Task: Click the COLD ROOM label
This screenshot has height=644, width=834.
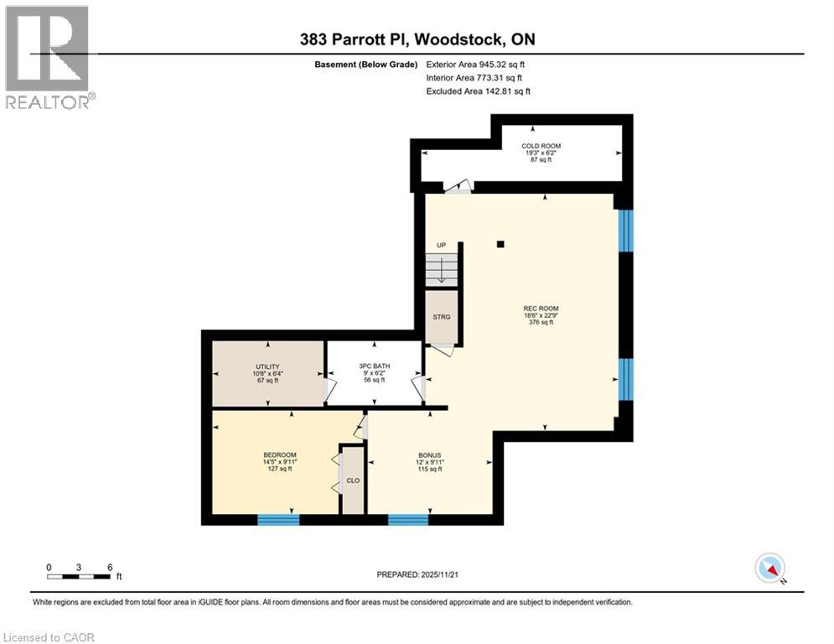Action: (x=541, y=146)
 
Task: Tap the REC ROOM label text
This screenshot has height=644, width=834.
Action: (x=541, y=309)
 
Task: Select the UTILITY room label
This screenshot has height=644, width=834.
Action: (x=267, y=367)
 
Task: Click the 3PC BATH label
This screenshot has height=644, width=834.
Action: (x=373, y=367)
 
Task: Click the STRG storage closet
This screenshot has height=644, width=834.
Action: (x=442, y=316)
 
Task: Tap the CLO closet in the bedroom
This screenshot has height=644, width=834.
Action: (x=353, y=480)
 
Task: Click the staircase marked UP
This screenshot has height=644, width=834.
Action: (x=442, y=270)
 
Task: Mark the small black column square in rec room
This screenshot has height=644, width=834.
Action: (x=500, y=244)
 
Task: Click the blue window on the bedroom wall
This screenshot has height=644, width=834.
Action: (x=277, y=520)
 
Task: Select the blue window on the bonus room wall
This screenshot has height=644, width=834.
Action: (x=408, y=520)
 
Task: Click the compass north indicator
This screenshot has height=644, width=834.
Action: (x=769, y=569)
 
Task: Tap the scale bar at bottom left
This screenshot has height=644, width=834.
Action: (x=79, y=577)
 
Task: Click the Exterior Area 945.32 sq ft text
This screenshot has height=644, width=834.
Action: (x=475, y=65)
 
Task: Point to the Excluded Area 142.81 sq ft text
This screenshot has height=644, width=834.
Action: (x=478, y=91)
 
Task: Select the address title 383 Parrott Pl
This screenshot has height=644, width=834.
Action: (x=417, y=39)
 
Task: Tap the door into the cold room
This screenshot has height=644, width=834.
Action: (x=458, y=187)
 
